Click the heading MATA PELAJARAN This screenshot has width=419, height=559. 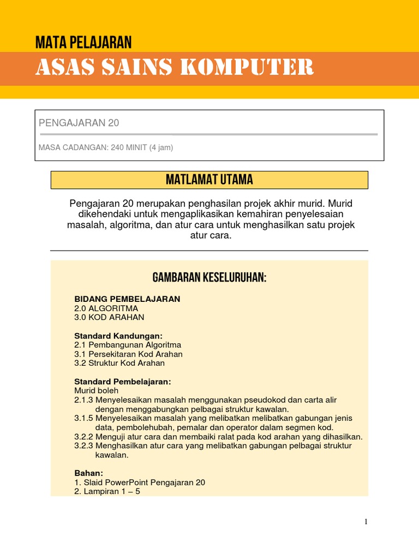click(x=83, y=41)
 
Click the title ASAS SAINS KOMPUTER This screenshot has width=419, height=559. click(x=175, y=68)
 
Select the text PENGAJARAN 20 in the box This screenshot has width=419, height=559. click(x=79, y=123)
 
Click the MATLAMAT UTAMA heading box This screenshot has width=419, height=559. click(x=209, y=180)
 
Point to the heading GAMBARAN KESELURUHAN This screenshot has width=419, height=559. click(x=209, y=278)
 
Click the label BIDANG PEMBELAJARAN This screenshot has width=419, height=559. click(x=127, y=299)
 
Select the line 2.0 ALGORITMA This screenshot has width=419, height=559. click(x=106, y=308)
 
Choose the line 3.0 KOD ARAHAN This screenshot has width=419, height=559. click(x=109, y=317)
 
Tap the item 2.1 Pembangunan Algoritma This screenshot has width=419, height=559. click(x=128, y=345)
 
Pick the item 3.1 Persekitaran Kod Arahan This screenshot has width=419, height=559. click(x=128, y=354)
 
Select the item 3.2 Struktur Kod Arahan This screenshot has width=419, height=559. click(x=119, y=363)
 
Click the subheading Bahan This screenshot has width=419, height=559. click(x=88, y=473)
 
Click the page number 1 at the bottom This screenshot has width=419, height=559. click(x=366, y=522)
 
